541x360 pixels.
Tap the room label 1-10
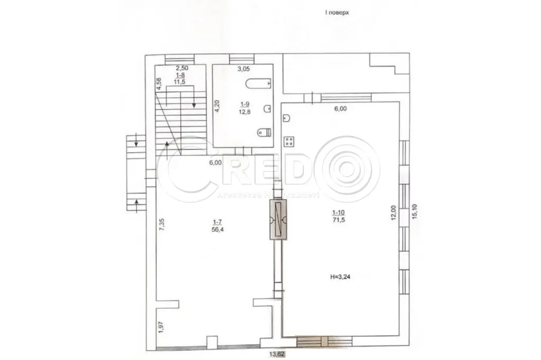coord(338,213)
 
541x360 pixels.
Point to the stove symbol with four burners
coord(289,141)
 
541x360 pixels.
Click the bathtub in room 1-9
coord(258,83)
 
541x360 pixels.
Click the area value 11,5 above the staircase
coord(181,82)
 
